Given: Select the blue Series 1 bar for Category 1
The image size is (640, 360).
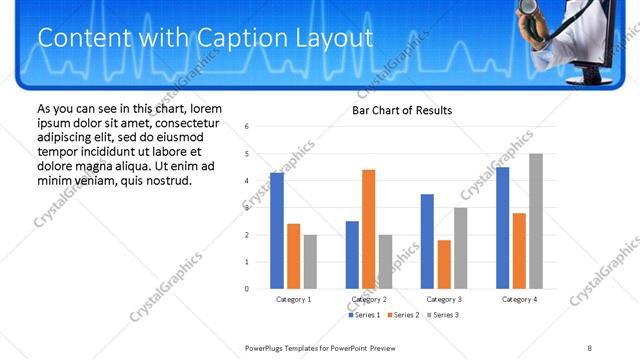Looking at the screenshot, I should tap(277, 230).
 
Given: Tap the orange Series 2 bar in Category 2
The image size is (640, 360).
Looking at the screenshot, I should tap(369, 229).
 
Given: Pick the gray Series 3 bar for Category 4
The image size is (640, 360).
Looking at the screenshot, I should tap(536, 221).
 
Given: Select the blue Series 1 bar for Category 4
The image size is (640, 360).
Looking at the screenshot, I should tap(502, 228).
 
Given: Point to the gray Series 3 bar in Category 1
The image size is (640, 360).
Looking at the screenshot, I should tap(310, 261).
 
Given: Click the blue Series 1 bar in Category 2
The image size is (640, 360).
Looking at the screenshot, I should tap(352, 254).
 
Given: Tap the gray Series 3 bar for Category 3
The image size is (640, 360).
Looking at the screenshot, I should tap(461, 248).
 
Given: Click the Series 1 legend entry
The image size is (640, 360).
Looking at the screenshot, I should tap(365, 315).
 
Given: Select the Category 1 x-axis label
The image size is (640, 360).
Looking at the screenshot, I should tap(293, 299).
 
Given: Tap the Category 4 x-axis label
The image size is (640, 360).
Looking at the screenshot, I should tap(519, 299).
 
